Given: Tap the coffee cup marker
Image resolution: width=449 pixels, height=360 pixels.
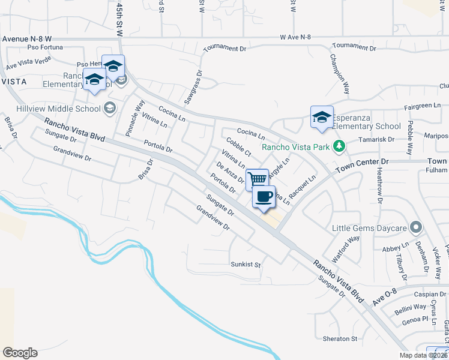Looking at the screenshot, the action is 264,196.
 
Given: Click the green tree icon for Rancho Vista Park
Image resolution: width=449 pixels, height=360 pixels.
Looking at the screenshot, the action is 339,146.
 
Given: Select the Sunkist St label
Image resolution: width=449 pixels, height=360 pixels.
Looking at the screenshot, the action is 247,264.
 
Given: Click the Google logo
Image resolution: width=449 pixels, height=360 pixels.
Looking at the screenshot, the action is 20,353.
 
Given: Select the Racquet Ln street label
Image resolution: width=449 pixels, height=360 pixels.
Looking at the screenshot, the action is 303,187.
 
